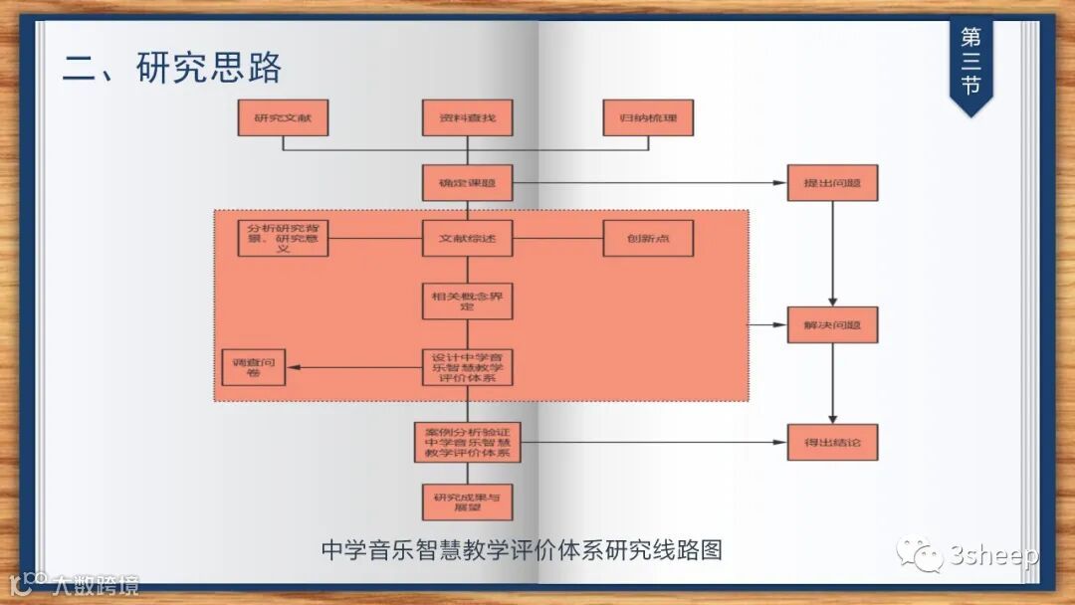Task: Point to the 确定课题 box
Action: coord(467,183)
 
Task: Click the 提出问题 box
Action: coord(832,183)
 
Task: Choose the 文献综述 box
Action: coord(467,239)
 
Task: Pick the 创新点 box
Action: coord(648,239)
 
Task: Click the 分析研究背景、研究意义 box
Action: coord(283,239)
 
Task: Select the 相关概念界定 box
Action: coord(467,301)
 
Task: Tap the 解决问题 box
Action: coord(832,325)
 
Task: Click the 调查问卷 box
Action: coord(253,368)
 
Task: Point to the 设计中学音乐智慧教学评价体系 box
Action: coord(467,368)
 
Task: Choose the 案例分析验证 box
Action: coord(467,442)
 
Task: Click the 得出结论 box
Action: coord(832,442)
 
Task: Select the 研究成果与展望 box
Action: coord(467,502)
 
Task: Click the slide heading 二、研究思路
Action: coord(172,68)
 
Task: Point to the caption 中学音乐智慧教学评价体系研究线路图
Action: coord(522,549)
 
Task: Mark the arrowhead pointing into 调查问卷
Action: coord(291,368)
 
